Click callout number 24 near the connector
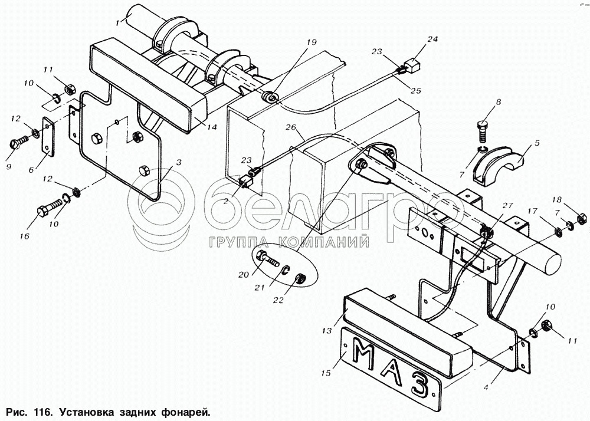(433, 40)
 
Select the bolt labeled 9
(18, 143)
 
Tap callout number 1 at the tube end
(118, 22)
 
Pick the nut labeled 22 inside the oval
(300, 278)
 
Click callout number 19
(311, 42)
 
